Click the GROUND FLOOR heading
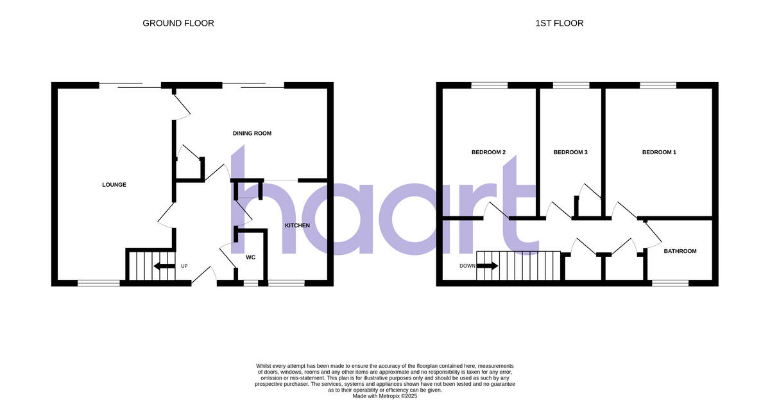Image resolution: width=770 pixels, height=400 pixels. click(178, 23)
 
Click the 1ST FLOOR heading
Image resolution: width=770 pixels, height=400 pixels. click(559, 23)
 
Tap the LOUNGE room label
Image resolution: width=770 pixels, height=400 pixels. click(114, 185)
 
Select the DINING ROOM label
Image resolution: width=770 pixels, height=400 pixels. click(252, 134)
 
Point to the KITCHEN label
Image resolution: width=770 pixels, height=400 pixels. click(297, 225)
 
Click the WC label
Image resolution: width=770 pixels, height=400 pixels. click(250, 257)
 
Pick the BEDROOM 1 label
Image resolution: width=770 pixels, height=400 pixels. click(659, 153)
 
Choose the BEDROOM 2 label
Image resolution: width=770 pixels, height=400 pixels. click(488, 153)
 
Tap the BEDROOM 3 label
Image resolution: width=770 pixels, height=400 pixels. click(570, 153)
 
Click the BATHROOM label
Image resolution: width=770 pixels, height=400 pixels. click(680, 251)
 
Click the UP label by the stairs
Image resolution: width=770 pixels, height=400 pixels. click(184, 266)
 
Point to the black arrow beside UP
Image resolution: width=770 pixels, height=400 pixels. click(165, 266)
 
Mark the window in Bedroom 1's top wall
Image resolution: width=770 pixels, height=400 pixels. click(657, 85)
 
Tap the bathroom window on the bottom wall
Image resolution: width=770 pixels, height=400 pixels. click(669, 283)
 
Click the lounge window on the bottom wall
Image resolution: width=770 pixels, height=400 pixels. click(98, 283)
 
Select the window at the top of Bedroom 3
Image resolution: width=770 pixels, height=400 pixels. click(570, 85)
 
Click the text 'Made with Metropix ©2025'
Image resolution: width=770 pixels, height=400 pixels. click(385, 396)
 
